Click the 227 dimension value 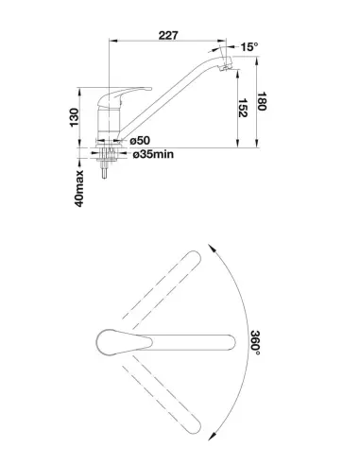pyautogui.click(x=168, y=35)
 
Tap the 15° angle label pyautogui.click(x=249, y=47)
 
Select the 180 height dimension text pyautogui.click(x=262, y=101)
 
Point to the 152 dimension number pyautogui.click(x=242, y=108)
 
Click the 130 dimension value pyautogui.click(x=74, y=117)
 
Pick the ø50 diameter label pyautogui.click(x=140, y=140)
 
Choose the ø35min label pyautogui.click(x=153, y=154)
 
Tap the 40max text pyautogui.click(x=79, y=188)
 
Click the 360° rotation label pyautogui.click(x=255, y=343)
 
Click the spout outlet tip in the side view pyautogui.click(x=226, y=66)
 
